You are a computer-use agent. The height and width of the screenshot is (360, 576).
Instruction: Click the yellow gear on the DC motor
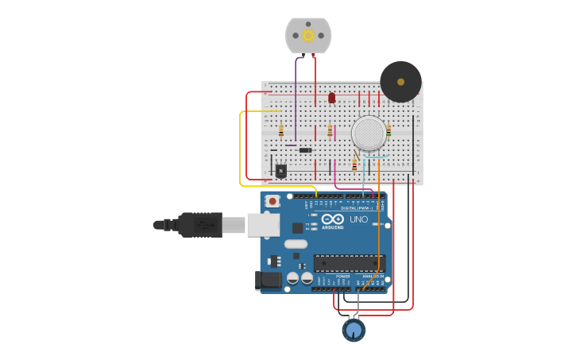point(308,35)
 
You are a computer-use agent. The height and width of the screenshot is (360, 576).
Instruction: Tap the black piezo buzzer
point(400,81)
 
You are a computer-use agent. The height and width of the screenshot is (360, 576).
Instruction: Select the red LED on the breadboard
point(331,98)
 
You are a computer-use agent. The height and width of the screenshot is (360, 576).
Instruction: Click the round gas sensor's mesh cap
point(369,134)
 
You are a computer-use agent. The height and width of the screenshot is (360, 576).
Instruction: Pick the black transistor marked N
point(280,170)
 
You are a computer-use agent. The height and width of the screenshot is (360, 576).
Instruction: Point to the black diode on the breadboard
point(305,150)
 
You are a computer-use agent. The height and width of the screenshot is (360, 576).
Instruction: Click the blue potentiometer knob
point(354,328)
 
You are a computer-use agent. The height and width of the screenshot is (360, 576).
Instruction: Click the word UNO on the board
point(358,219)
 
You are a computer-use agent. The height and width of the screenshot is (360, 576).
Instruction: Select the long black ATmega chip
point(350,263)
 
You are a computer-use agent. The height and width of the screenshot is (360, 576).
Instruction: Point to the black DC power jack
point(268,280)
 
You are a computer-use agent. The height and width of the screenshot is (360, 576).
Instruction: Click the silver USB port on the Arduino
point(263,225)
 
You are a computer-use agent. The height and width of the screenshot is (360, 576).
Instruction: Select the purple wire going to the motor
point(296,95)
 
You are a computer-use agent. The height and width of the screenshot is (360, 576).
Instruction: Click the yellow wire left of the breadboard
point(240,151)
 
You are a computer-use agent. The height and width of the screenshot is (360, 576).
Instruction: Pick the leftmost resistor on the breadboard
point(280,130)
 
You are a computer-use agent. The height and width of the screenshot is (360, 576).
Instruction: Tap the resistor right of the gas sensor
point(389,130)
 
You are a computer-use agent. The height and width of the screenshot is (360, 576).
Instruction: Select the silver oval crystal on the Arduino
point(296,244)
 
